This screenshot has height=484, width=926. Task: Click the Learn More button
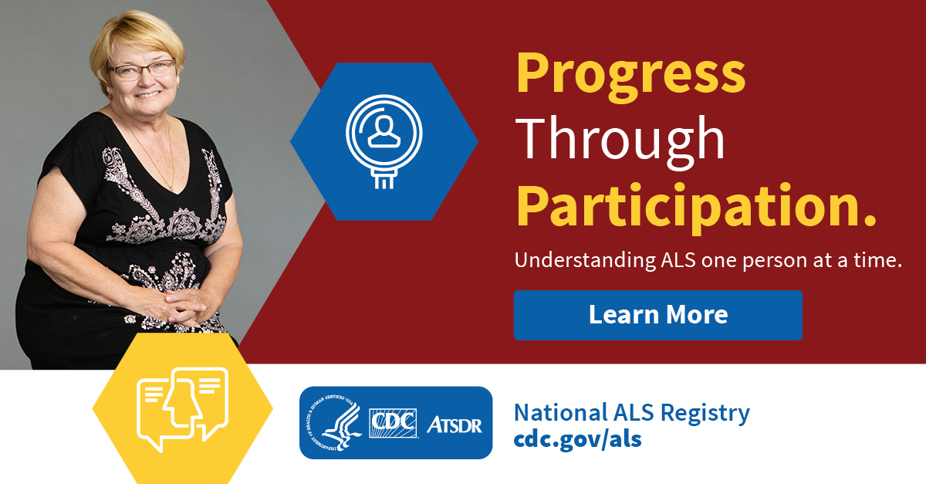click(x=657, y=315)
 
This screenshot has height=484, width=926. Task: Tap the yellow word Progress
click(x=631, y=77)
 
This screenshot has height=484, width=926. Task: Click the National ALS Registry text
click(x=632, y=413)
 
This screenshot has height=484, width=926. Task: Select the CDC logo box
click(x=393, y=423)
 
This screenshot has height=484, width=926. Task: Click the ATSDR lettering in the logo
click(x=454, y=425)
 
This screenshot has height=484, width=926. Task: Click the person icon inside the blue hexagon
click(x=384, y=130)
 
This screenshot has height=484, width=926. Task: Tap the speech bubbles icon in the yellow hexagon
click(x=182, y=408)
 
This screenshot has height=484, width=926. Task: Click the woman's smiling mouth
click(x=147, y=95)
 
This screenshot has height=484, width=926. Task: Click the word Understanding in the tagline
click(x=585, y=261)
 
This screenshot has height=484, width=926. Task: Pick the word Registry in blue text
click(x=705, y=414)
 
